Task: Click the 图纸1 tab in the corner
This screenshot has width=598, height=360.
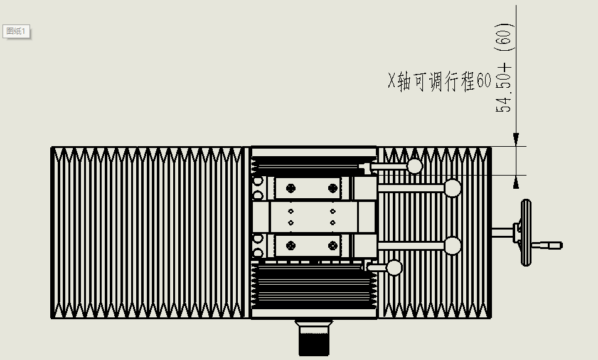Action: (x=17, y=31)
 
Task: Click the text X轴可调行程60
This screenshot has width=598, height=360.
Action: (x=439, y=82)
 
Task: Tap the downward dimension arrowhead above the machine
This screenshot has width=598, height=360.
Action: (x=516, y=139)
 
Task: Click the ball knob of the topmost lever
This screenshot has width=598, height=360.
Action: (x=415, y=166)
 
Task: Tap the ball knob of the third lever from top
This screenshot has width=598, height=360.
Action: (x=452, y=245)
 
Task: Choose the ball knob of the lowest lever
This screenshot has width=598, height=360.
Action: (x=394, y=268)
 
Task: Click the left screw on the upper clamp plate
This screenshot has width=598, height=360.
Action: (x=291, y=187)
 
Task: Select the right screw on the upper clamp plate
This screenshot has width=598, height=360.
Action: (x=333, y=187)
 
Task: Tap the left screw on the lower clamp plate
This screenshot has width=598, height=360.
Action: (x=291, y=245)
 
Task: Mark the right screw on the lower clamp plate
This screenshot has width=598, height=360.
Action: (x=333, y=245)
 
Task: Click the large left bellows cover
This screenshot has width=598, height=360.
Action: (x=148, y=232)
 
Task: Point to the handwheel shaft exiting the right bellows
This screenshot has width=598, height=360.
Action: (x=502, y=233)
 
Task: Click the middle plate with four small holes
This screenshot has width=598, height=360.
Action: (x=311, y=216)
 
